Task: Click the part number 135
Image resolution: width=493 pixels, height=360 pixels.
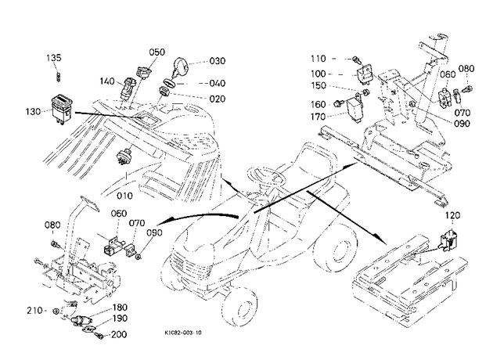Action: [54, 58]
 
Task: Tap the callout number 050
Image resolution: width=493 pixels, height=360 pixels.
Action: [157, 52]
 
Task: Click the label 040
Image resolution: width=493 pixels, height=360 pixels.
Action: [218, 83]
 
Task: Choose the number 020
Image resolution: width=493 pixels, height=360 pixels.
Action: [218, 99]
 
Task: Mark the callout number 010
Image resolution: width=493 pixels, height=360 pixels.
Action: [124, 196]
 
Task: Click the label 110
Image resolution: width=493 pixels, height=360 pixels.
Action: [318, 59]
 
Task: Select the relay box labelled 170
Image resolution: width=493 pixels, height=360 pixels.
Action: [354, 110]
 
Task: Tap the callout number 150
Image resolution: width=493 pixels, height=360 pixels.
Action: [318, 86]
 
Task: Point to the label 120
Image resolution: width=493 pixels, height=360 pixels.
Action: [452, 216]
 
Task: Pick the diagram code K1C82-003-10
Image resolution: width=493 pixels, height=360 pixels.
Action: [183, 333]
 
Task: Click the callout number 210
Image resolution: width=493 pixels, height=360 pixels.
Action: [34, 311]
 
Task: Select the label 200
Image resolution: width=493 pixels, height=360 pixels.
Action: [119, 334]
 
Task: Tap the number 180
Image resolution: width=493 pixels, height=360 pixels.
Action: [120, 308]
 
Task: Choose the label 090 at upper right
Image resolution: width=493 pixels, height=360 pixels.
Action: [462, 124]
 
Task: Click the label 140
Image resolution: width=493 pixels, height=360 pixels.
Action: [107, 81]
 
